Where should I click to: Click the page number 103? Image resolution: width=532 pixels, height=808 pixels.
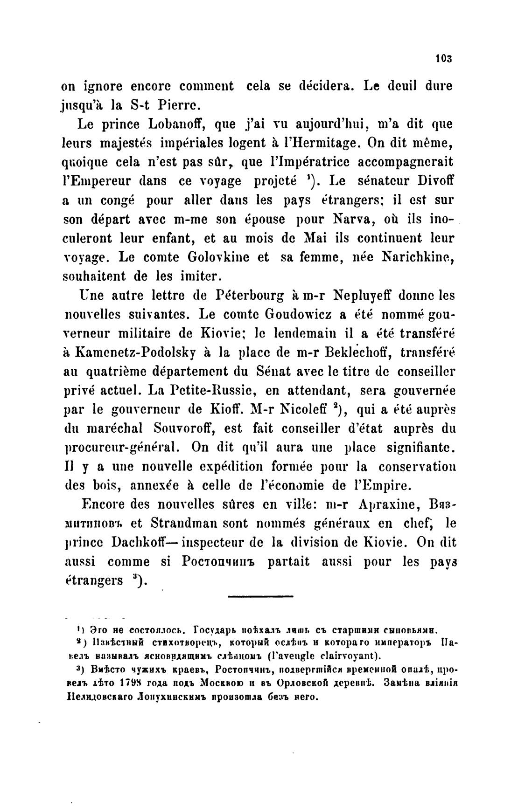click(443, 59)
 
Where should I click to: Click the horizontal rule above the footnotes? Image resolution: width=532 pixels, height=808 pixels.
click(260, 596)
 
